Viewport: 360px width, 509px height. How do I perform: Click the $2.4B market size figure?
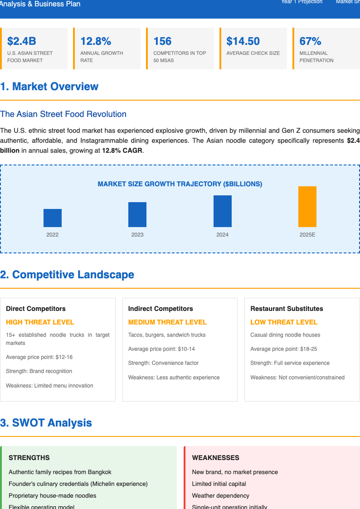pyautogui.click(x=22, y=41)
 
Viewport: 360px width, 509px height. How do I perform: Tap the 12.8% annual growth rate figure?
pyautogui.click(x=96, y=41)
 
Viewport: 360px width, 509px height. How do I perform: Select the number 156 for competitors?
pyautogui.click(x=162, y=41)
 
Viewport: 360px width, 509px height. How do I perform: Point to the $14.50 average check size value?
pyautogui.click(x=243, y=41)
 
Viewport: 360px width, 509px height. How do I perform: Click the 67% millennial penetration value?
pyautogui.click(x=311, y=41)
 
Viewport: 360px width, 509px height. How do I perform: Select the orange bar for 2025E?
pyautogui.click(x=307, y=207)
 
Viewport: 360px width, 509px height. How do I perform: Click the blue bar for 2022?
pyautogui.click(x=53, y=218)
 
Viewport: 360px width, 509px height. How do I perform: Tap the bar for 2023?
pyautogui.click(x=137, y=214)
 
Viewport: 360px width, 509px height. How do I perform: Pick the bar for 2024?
pyautogui.click(x=222, y=211)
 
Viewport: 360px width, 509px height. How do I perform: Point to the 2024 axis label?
pyautogui.click(x=222, y=235)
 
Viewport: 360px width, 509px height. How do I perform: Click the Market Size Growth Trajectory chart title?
pyautogui.click(x=180, y=184)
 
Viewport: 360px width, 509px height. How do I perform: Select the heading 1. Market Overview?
pyautogui.click(x=49, y=87)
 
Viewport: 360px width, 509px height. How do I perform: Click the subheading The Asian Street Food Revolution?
pyautogui.click(x=63, y=114)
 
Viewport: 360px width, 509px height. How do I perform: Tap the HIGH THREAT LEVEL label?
pyautogui.click(x=40, y=322)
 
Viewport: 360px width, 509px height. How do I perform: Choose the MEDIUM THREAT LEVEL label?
pyautogui.click(x=167, y=322)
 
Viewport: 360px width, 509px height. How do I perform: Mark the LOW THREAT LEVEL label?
pyautogui.click(x=284, y=322)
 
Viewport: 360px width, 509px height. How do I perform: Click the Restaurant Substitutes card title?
pyautogui.click(x=287, y=309)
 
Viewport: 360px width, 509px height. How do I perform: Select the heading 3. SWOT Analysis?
pyautogui.click(x=46, y=423)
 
